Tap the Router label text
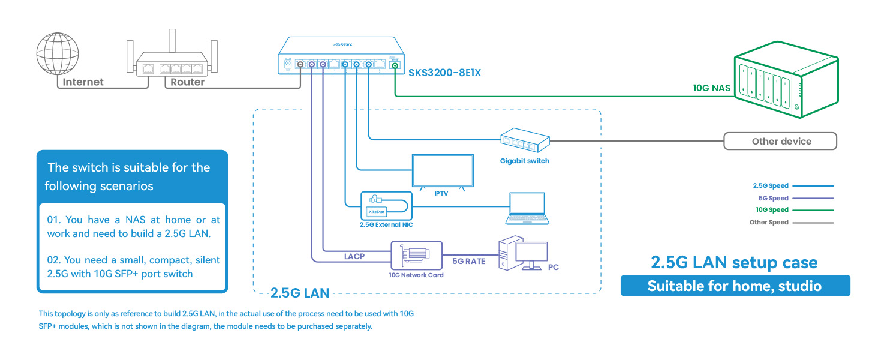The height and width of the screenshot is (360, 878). tap(187, 82)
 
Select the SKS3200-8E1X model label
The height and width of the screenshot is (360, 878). tap(444, 73)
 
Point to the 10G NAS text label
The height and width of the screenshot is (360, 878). tap(712, 88)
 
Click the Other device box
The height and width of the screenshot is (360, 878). tap(780, 142)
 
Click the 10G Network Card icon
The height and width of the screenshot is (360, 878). tap(416, 256)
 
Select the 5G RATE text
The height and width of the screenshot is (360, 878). tap(468, 261)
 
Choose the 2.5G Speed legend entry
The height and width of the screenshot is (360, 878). tap(771, 186)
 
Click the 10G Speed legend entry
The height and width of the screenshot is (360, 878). tap(772, 210)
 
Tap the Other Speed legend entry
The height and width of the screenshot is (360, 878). tap(769, 223)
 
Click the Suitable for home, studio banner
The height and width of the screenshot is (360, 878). tap(735, 286)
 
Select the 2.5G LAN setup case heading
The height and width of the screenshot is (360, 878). tap(734, 262)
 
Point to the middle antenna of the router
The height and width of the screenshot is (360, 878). tap(173, 40)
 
